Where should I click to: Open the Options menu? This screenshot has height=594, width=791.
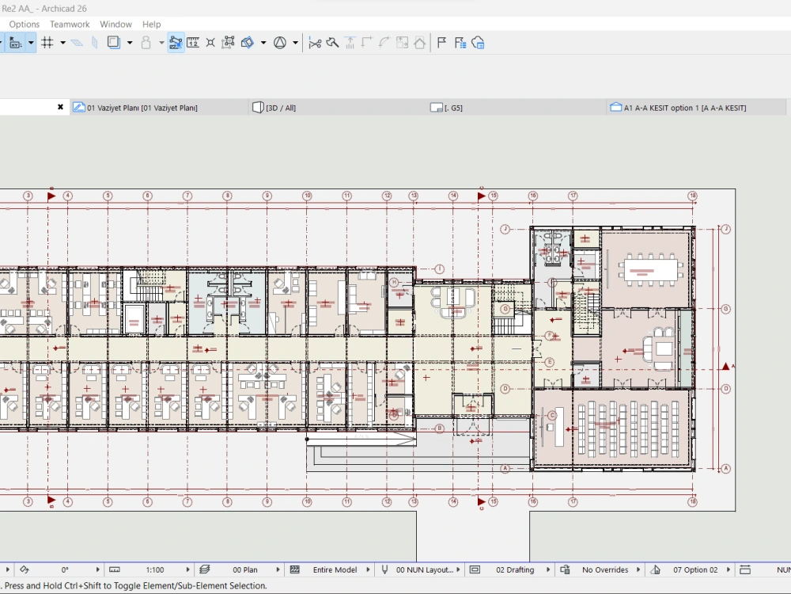point(25,25)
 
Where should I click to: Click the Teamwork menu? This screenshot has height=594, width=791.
point(70,25)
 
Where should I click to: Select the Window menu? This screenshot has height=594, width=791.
point(116,25)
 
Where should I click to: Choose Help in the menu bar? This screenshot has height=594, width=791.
point(151,25)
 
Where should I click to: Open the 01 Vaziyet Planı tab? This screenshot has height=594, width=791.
point(142,108)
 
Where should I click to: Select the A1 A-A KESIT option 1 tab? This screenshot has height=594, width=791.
point(684,108)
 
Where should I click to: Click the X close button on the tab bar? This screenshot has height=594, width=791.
point(60,107)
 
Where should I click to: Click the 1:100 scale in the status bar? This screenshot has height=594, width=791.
point(155,569)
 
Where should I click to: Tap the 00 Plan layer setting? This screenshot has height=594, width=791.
point(244,569)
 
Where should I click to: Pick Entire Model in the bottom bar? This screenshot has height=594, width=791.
point(335,569)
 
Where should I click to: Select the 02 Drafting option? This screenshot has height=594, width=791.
point(514,569)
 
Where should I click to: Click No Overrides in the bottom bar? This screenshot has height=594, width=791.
point(605,569)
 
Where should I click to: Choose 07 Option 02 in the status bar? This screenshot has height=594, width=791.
point(695,569)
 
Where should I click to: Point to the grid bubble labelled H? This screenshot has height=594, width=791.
point(394,282)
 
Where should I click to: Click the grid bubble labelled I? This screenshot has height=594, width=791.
point(440,269)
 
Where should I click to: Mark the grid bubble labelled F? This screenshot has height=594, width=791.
point(549,336)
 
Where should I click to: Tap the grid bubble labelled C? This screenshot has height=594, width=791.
point(553,415)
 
